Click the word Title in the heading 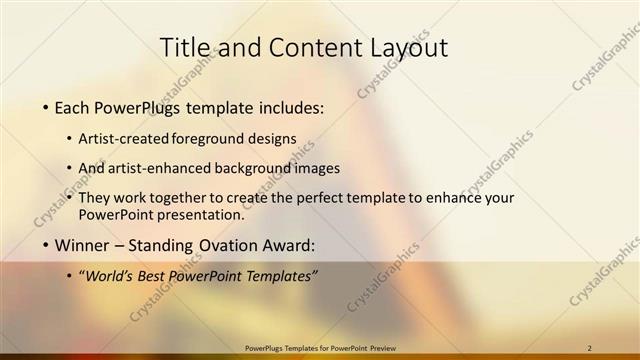(x=185, y=47)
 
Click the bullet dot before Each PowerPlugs (x=45, y=107)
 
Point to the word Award (x=289, y=245)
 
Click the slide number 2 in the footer (x=590, y=348)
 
